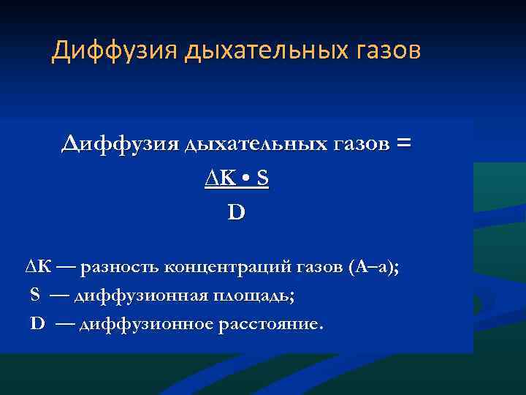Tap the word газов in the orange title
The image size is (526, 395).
coord(385,51)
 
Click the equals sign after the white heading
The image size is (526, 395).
coord(402,144)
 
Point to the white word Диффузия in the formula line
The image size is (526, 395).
coord(120,144)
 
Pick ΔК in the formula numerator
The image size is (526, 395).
coord(220,179)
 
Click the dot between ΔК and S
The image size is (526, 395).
coord(245,179)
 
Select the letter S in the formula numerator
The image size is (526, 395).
coord(262,179)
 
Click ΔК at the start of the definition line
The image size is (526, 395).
coord(37,267)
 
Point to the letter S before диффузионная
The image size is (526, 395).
coord(35,295)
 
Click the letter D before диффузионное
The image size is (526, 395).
coord(37,323)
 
